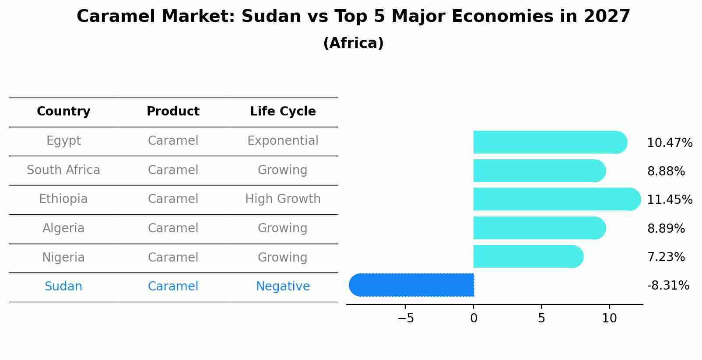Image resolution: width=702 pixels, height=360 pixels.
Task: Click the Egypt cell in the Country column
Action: pyautogui.click(x=63, y=141)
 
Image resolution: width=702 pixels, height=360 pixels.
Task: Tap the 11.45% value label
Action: pyautogui.click(x=670, y=200)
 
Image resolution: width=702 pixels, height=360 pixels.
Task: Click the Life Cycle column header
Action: pyautogui.click(x=283, y=112)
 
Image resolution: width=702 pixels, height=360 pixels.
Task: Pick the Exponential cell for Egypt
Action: pyautogui.click(x=283, y=141)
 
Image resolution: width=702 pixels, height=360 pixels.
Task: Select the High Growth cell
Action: pyautogui.click(x=283, y=199)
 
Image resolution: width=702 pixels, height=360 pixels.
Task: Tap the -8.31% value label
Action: pyautogui.click(x=668, y=286)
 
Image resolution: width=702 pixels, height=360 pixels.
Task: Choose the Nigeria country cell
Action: pyautogui.click(x=63, y=257)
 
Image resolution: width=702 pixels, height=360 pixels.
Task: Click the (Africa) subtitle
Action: pyautogui.click(x=353, y=43)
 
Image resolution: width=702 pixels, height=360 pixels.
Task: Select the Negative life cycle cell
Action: pyautogui.click(x=283, y=287)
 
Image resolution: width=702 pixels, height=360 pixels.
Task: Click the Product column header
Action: pyautogui.click(x=173, y=112)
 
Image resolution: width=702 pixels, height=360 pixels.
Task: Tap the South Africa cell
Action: pyautogui.click(x=63, y=170)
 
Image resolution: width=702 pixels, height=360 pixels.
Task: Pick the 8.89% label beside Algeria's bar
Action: pyautogui.click(x=666, y=228)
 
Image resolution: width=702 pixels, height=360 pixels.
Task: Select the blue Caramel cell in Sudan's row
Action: pyautogui.click(x=173, y=287)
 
